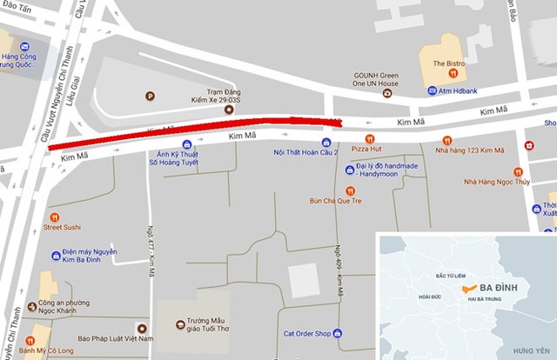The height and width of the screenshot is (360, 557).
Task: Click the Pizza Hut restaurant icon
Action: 368,139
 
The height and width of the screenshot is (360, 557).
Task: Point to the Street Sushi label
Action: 84,228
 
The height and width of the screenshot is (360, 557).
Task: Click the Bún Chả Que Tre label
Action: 335,201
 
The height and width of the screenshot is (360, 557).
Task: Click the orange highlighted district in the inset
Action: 471,287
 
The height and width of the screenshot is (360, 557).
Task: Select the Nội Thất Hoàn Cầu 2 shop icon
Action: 325,142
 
